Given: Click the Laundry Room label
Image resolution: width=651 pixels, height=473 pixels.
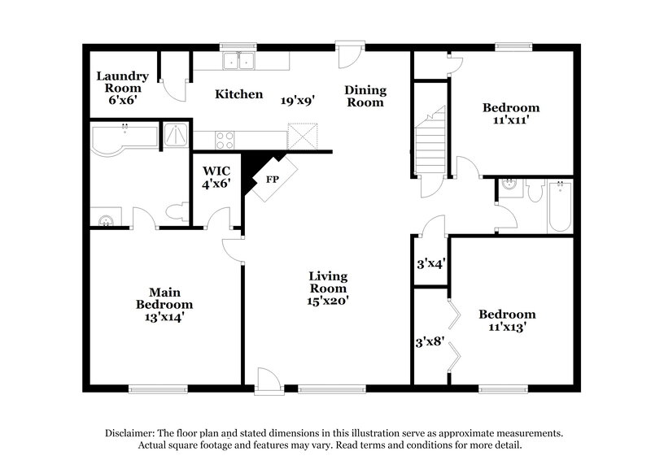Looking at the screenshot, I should click(120, 85).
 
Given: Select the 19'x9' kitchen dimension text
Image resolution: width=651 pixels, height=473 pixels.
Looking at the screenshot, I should click(298, 101).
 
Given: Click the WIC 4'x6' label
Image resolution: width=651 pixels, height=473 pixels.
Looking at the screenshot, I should click(216, 177).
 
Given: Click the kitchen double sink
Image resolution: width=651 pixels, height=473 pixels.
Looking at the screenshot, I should click(240, 60).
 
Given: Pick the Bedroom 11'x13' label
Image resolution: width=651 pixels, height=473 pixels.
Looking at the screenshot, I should click(507, 321).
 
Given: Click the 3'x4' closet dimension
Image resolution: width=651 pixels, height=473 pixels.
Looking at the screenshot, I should click(430, 263).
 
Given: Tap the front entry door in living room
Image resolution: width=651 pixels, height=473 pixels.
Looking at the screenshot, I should click(265, 380).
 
